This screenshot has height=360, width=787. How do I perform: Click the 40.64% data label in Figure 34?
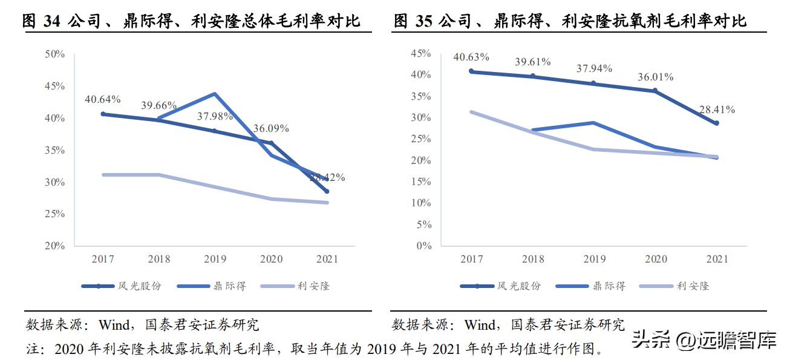pos(102,99)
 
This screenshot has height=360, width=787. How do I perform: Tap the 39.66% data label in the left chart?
pos(159,105)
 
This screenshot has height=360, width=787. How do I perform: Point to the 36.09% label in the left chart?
pos(270,128)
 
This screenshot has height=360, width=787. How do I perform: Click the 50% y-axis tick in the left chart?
pos(54,54)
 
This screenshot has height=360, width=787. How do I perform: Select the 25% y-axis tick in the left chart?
pos(54,214)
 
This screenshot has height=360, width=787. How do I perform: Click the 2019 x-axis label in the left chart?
pos(215,259)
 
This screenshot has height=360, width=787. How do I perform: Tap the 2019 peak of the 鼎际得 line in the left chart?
pos(215,94)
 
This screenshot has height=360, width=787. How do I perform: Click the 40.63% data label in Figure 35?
pos(471,57)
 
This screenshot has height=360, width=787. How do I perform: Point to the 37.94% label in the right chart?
pos(594,68)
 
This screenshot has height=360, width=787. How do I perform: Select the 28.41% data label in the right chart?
pos(717,110)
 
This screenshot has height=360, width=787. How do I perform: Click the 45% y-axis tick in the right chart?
pos(420,53)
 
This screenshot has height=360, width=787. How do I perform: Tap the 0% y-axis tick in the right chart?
pos(423,246)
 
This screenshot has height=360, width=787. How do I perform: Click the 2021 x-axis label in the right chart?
pos(717,259)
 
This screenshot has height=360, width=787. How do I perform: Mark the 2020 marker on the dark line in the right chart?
pos(655,91)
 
